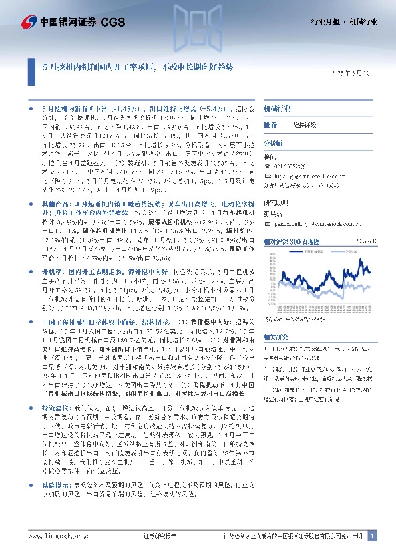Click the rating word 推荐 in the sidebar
270,124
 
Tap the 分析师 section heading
273,143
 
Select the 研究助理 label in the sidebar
275,203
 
